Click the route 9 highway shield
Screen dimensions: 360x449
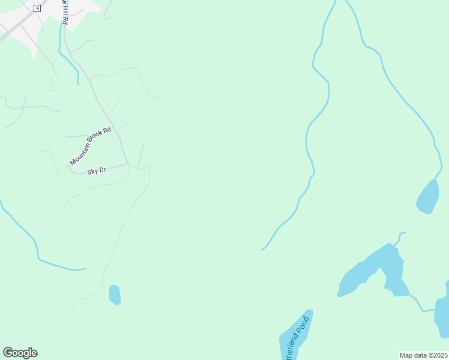[x=37, y=8]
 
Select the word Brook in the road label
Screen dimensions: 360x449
[x=96, y=138]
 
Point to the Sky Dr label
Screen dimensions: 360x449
[x=97, y=172]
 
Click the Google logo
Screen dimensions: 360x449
[x=20, y=353]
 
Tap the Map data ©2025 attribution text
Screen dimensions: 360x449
[x=424, y=355]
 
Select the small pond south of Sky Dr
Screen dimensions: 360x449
[x=115, y=295]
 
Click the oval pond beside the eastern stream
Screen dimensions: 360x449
[x=428, y=197]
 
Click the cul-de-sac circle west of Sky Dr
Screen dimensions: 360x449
[x=59, y=173]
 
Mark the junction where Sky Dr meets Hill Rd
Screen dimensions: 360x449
[x=127, y=164]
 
